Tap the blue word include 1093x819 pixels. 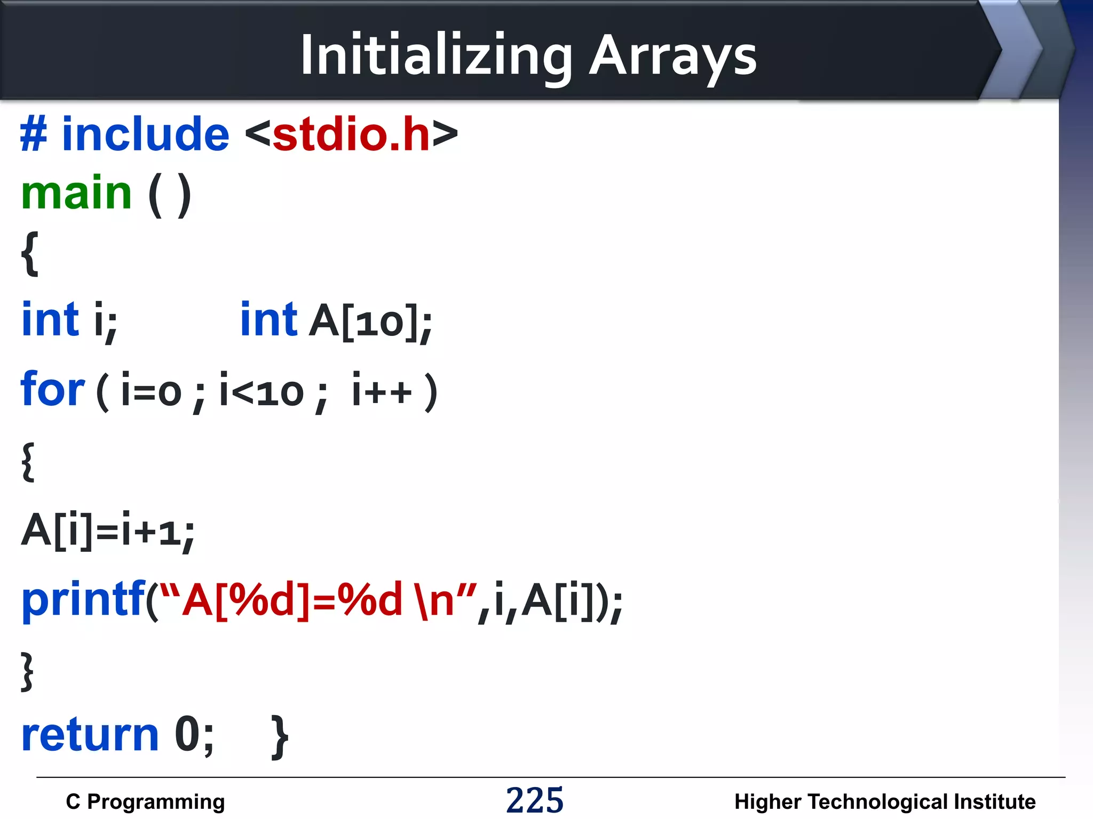(x=146, y=134)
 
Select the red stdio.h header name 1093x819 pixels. (x=351, y=134)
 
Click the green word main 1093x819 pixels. (x=76, y=193)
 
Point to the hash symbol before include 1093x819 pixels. (x=34, y=134)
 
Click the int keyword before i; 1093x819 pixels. (x=50, y=320)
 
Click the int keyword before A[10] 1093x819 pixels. (x=268, y=320)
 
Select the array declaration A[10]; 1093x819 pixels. (x=370, y=322)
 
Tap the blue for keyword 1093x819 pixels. (x=52, y=390)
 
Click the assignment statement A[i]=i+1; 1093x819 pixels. (x=108, y=531)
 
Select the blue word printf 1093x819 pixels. (x=83, y=600)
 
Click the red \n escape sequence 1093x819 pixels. (x=436, y=600)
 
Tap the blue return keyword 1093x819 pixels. (x=90, y=735)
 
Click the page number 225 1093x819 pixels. (x=534, y=800)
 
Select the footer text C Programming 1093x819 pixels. (x=145, y=801)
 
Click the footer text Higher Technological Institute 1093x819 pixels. (x=884, y=801)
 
